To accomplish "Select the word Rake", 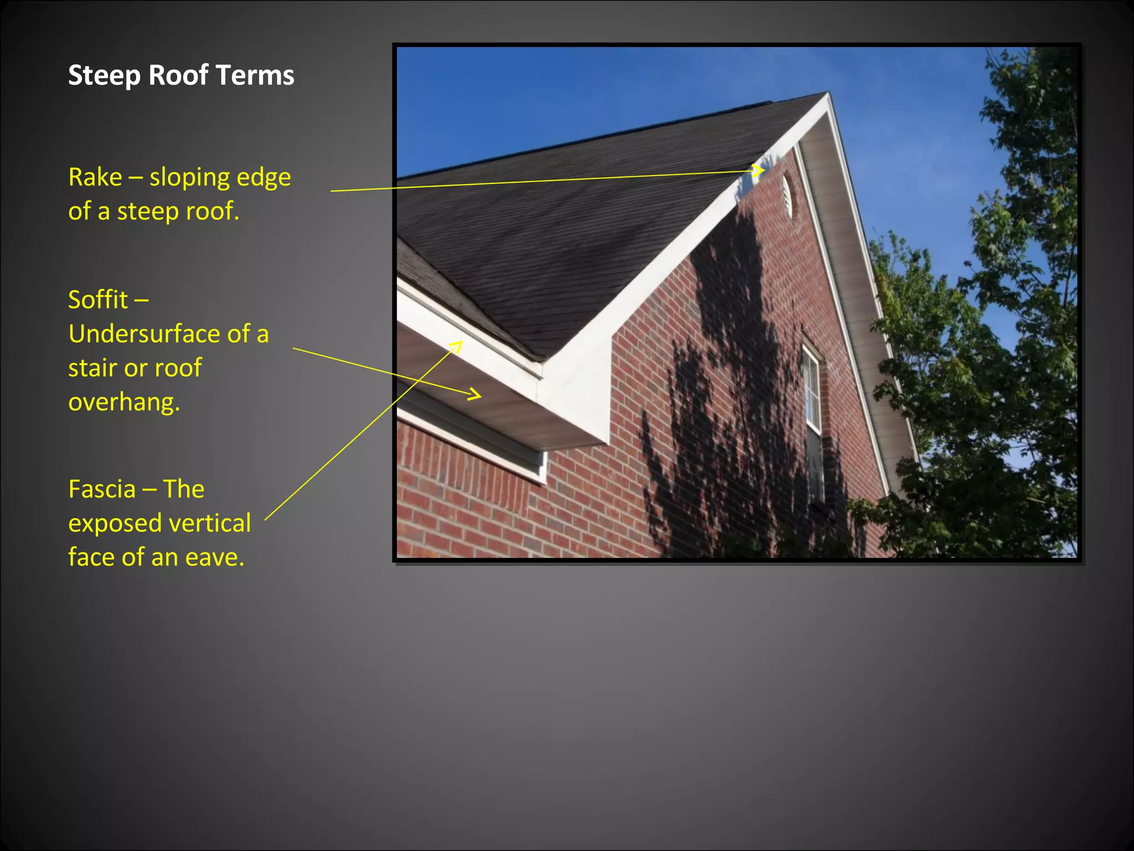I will point(95,177).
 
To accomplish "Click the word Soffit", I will point(98,300).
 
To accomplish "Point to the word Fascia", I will point(102,489).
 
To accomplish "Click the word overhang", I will point(123,402).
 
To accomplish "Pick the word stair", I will point(90,368).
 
